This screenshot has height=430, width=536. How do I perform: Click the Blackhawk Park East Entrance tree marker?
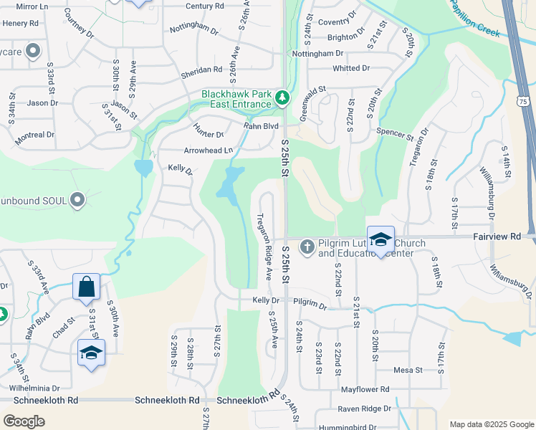pyautogui.click(x=283, y=97)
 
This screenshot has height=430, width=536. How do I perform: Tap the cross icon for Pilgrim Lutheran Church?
pyautogui.click(x=307, y=247)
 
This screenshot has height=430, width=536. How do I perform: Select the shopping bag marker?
pyautogui.click(x=86, y=287)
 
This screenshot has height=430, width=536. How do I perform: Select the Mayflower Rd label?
pyautogui.click(x=365, y=389)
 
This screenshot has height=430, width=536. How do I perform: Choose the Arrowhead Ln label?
pyautogui.click(x=209, y=150)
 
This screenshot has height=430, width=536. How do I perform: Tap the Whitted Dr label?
pyautogui.click(x=351, y=68)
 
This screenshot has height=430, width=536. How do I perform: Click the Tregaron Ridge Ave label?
pyautogui.click(x=264, y=246)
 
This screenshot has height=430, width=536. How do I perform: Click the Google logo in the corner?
pyautogui.click(x=24, y=421)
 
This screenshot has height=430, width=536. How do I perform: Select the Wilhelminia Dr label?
pyautogui.click(x=33, y=387)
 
